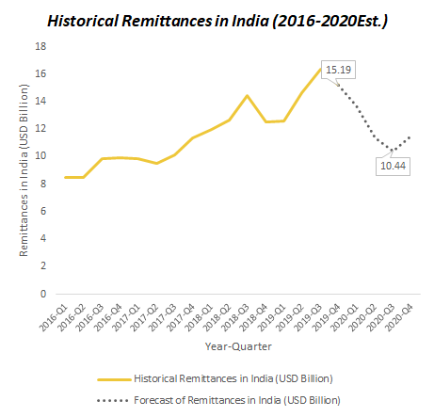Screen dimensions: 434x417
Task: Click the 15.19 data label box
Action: point(338,70)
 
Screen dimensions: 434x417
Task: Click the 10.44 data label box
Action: point(393,166)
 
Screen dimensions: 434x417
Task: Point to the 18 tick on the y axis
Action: point(40,46)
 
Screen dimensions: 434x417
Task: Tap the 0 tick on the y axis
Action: point(43,294)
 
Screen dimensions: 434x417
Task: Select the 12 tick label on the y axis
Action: point(40,128)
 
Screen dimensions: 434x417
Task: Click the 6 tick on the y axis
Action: point(43,211)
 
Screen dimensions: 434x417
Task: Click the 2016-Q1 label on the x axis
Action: point(54,317)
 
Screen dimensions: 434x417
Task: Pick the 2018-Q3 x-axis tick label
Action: point(235,317)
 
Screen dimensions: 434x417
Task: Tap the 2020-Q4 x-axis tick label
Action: point(399,317)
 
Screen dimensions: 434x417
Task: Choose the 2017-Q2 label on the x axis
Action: point(144,317)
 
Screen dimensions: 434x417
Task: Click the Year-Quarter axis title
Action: point(238,346)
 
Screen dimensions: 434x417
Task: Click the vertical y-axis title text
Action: point(24,170)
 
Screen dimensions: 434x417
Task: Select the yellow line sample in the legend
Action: point(114,379)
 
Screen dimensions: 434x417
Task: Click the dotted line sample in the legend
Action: point(113,401)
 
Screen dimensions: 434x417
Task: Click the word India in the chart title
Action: point(250,22)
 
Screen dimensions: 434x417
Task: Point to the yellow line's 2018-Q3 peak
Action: point(248,96)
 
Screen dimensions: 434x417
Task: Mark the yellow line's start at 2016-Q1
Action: point(65,178)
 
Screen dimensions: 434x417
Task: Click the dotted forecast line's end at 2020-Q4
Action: point(410,137)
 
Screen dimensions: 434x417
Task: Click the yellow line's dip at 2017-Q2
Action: point(156,163)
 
